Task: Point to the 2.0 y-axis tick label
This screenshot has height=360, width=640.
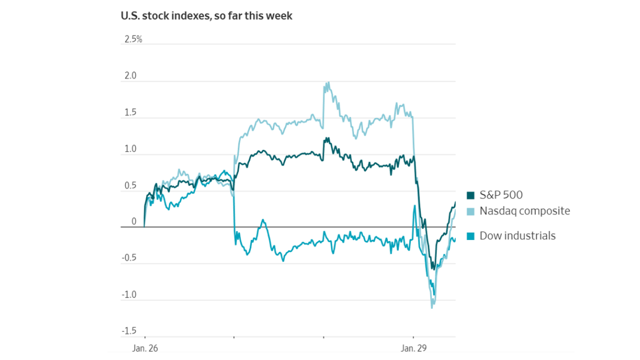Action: [x=129, y=76]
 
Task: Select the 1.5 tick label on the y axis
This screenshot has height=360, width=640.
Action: [x=129, y=112]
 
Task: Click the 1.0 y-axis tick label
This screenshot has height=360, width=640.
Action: [x=129, y=149]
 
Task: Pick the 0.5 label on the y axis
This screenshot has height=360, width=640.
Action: [x=129, y=186]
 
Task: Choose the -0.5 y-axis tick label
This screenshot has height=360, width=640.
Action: [x=128, y=258]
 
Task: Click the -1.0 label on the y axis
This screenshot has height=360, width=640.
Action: [x=128, y=295]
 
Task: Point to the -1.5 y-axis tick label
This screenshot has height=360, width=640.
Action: [x=128, y=331]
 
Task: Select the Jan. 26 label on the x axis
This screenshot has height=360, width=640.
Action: [x=145, y=348]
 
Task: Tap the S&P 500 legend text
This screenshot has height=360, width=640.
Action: [x=501, y=195]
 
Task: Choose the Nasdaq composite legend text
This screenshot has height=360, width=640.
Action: [x=524, y=211]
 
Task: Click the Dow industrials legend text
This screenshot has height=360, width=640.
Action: [x=517, y=236]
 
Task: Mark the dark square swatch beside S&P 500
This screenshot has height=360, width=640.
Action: [x=470, y=195]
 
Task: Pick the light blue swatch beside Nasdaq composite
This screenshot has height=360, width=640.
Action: [x=470, y=211]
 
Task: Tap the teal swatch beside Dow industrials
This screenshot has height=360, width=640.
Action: [x=470, y=236]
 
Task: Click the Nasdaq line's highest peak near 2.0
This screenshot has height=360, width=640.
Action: [x=327, y=83]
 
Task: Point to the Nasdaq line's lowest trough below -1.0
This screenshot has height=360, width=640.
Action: [x=432, y=306]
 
